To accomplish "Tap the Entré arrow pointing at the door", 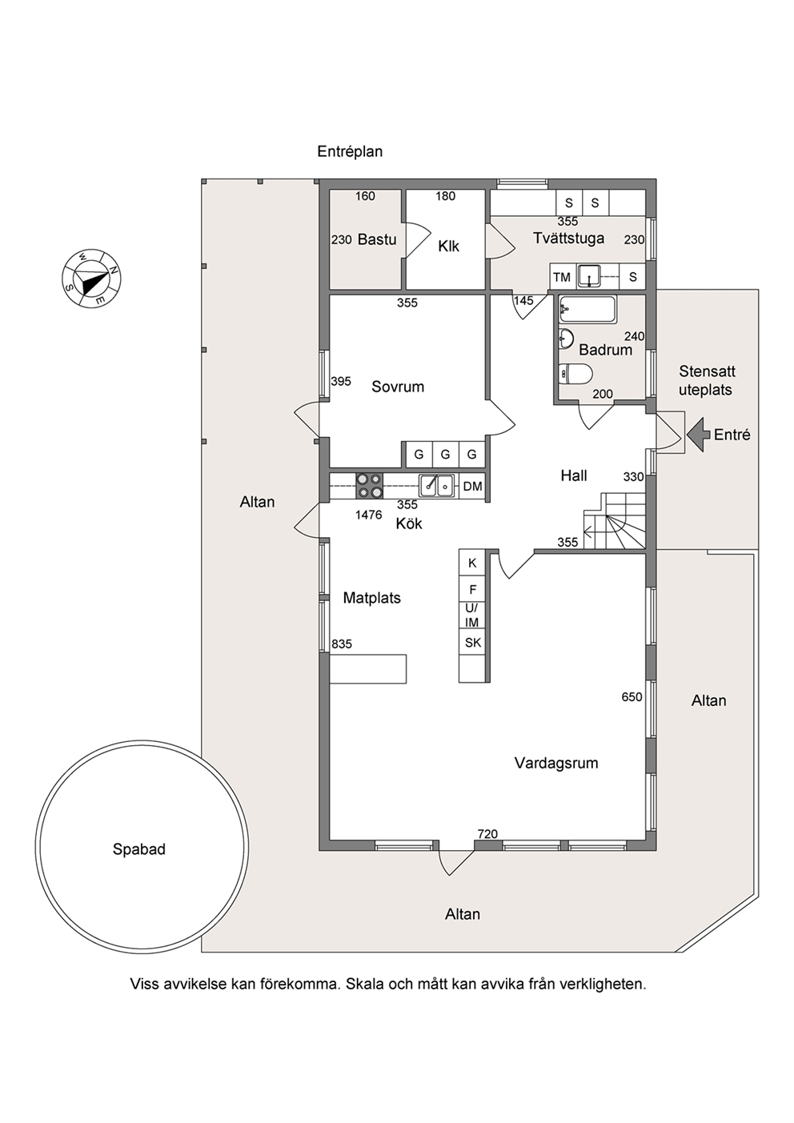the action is (x=698, y=434).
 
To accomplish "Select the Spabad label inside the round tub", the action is (x=138, y=849).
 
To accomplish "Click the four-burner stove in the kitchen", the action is (x=370, y=486).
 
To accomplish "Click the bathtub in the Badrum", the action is (x=587, y=310).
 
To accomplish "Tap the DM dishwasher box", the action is (x=472, y=486).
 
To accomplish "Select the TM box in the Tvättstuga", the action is (x=562, y=277).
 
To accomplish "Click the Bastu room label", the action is (x=377, y=239).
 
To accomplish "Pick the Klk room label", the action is (x=448, y=247).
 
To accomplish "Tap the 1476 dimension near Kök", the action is (x=368, y=515).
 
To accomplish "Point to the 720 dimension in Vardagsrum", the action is (x=487, y=834).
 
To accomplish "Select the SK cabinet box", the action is (x=473, y=643).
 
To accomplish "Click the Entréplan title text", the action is (x=350, y=151).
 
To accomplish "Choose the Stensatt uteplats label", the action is (x=707, y=380).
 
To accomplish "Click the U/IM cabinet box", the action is (x=472, y=616).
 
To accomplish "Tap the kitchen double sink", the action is (x=436, y=486).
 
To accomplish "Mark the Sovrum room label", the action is (x=398, y=387).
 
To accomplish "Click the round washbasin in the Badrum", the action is (x=567, y=339).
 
